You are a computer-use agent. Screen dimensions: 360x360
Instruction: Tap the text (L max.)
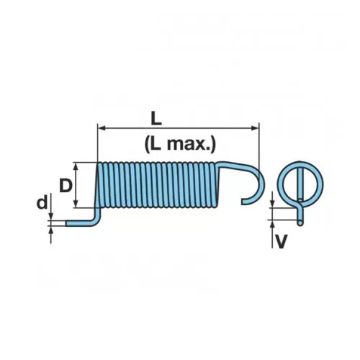pyautogui.click(x=180, y=144)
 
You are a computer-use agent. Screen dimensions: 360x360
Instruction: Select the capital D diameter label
pyautogui.click(x=66, y=186)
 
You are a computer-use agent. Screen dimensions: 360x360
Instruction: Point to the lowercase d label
pyautogui.click(x=42, y=203)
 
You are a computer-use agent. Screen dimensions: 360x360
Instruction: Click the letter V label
pyautogui.click(x=281, y=241)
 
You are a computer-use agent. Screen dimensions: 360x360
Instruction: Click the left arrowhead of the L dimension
pyautogui.click(x=102, y=128)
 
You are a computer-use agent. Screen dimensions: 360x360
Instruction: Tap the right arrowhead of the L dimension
pyautogui.click(x=255, y=128)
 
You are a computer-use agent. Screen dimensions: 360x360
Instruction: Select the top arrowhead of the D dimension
pyautogui.click(x=76, y=166)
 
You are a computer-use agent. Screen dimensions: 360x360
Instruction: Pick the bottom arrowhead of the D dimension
pyautogui.click(x=76, y=204)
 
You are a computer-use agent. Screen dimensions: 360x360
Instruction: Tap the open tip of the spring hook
pyautogui.click(x=243, y=202)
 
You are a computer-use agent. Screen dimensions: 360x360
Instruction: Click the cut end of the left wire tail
pyautogui.click(x=68, y=223)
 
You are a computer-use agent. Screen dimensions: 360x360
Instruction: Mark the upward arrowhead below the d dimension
pyautogui.click(x=50, y=230)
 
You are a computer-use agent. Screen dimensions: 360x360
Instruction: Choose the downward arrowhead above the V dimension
pyautogui.click(x=272, y=204)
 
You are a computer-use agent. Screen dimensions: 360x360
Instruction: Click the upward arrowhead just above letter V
pyautogui.click(x=272, y=224)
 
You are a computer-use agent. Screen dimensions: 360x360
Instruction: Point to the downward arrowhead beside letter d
pyautogui.click(x=50, y=216)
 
